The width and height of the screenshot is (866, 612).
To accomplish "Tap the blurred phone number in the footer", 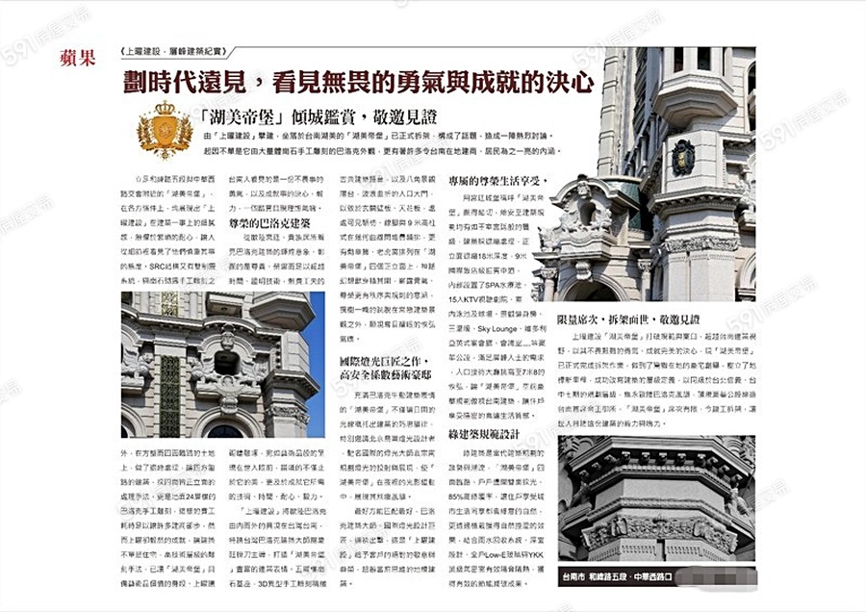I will pyautogui.click(x=711, y=575).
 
